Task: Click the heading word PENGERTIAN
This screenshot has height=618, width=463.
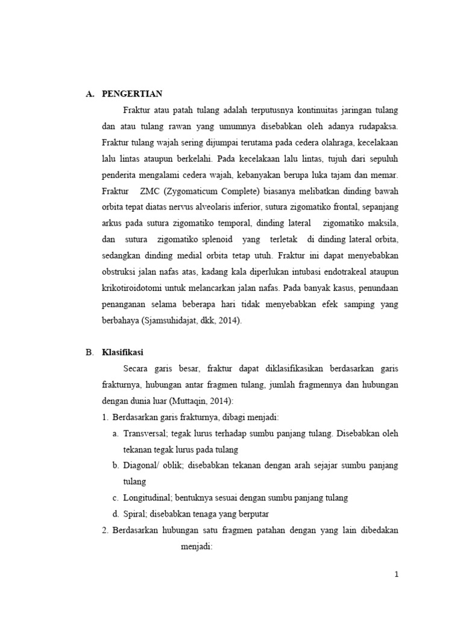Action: click(133, 94)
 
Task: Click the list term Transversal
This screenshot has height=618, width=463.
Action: click(145, 433)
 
